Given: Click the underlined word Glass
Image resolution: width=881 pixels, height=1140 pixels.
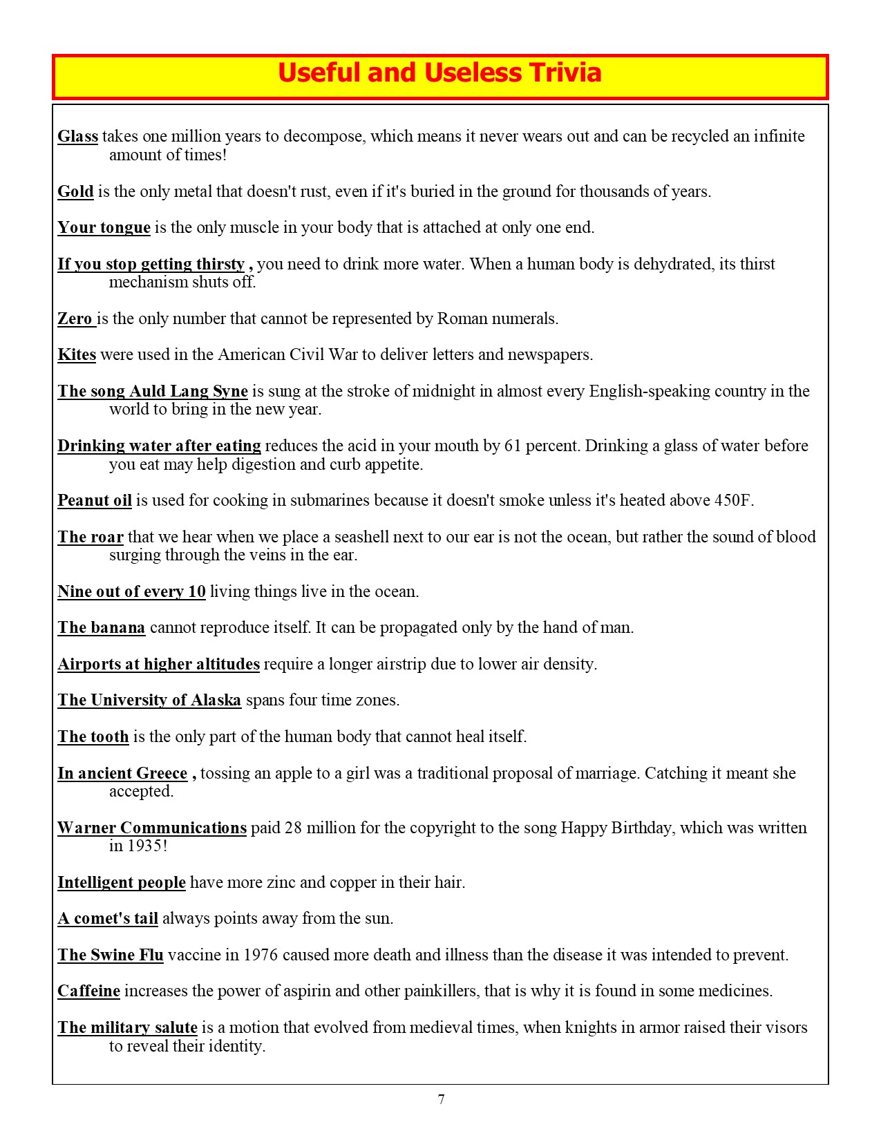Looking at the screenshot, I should click(x=77, y=136).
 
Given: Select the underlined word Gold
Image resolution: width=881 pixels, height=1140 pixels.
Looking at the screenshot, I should click(x=75, y=191).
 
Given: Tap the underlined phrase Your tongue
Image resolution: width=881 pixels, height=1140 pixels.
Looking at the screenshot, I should click(x=104, y=227).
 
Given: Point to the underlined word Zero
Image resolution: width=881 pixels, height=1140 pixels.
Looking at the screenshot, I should click(x=75, y=319).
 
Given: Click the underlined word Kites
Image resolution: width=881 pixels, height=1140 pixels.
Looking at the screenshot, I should click(x=77, y=355).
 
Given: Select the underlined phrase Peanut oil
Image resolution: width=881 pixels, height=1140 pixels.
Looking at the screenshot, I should click(x=95, y=500).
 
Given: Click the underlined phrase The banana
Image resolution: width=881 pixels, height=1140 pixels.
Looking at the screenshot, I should click(x=102, y=628).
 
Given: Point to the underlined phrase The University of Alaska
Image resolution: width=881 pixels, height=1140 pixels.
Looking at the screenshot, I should click(x=149, y=701).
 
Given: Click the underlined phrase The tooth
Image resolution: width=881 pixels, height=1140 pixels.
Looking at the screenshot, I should click(x=93, y=737).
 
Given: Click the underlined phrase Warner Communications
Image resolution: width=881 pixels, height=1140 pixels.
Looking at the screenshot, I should click(x=152, y=828).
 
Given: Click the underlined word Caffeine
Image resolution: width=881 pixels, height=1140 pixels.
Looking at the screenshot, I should click(x=88, y=991).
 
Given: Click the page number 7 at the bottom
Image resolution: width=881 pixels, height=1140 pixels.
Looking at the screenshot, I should click(x=441, y=1100).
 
